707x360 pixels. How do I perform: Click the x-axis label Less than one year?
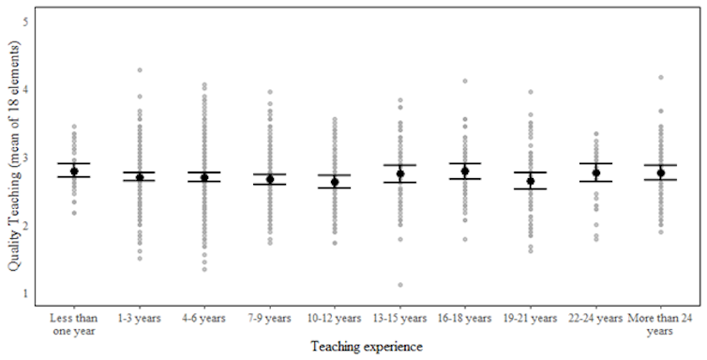tap(74, 322)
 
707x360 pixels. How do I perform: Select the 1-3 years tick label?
tap(140, 318)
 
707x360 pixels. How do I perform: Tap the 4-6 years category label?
tap(204, 318)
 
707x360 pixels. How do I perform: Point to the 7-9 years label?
tap(270, 318)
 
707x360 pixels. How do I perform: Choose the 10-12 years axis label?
tap(335, 318)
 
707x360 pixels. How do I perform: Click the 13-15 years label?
tap(399, 318)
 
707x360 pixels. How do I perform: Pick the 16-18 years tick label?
tap(465, 318)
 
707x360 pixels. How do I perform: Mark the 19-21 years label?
tap(530, 318)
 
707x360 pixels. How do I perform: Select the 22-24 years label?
tap(595, 318)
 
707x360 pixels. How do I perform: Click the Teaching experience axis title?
tap(368, 347)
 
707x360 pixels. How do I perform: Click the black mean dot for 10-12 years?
tap(335, 182)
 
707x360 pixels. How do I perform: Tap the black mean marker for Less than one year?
tap(74, 172)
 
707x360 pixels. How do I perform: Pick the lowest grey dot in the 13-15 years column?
tap(399, 285)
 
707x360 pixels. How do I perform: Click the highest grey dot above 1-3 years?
tap(140, 70)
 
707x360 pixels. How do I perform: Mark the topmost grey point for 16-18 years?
tap(465, 82)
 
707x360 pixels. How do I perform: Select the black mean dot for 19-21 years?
tap(530, 181)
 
